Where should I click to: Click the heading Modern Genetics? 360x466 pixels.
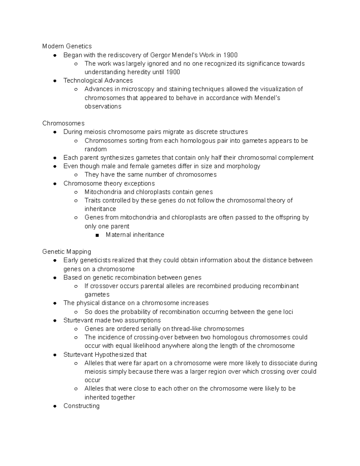(67, 46)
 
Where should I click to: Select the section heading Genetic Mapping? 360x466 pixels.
(67, 251)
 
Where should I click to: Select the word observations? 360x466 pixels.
(103, 106)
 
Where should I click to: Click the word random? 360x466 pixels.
(95, 149)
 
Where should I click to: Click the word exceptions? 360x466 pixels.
(139, 183)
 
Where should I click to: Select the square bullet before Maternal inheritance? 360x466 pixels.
(97, 235)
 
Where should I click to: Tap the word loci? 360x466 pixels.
(288, 312)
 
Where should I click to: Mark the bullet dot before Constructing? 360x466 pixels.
(55, 406)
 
